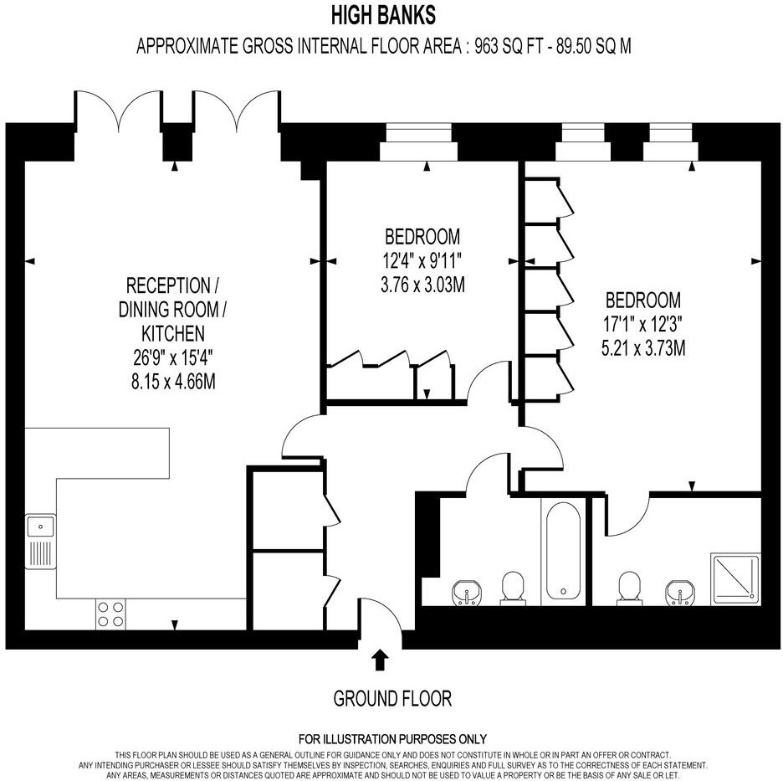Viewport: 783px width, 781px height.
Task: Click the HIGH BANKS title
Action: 383,15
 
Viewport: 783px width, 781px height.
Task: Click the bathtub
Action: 564,552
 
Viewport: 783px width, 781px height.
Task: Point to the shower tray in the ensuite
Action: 735,578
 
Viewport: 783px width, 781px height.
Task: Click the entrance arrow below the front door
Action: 380,660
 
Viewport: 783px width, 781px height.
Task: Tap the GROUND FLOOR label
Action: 391,698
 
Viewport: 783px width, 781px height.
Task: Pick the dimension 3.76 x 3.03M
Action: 422,285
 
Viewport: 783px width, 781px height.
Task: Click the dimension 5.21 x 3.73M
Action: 643,348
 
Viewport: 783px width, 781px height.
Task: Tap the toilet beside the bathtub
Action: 512,588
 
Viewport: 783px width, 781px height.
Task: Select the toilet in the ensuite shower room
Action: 630,588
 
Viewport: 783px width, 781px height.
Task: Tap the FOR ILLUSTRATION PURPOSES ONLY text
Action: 391,739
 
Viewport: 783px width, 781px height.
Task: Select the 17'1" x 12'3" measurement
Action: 643,324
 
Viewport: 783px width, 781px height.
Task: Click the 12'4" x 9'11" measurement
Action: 422,260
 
